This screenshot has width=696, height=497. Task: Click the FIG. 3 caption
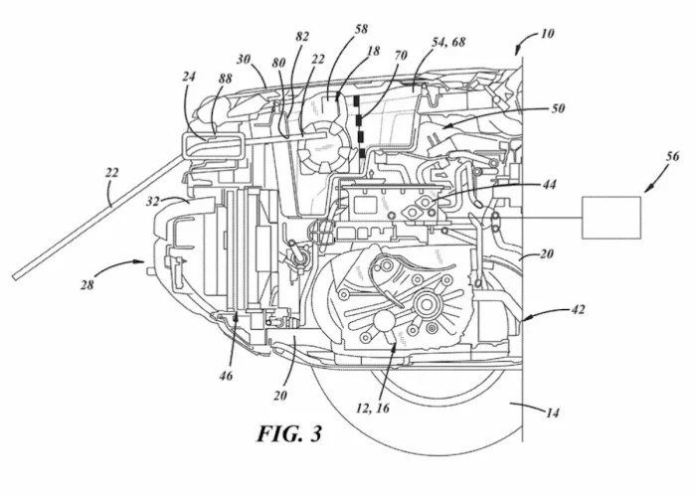[289, 433]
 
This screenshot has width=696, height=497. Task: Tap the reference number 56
[672, 156]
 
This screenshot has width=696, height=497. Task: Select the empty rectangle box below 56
[611, 218]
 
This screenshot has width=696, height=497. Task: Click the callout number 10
[547, 34]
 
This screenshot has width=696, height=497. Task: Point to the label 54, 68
[448, 42]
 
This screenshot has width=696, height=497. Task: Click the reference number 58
[361, 29]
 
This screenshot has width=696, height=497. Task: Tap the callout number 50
[558, 108]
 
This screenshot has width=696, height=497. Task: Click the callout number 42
[578, 309]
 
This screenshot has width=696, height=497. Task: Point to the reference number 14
[552, 413]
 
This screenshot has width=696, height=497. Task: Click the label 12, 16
[373, 408]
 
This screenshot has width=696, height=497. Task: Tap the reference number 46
[226, 376]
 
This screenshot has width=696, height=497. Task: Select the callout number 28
[87, 284]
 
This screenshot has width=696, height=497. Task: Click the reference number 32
[153, 202]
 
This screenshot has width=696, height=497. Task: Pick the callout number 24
[188, 77]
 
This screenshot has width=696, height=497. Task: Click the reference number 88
[225, 79]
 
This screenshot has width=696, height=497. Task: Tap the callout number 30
[244, 59]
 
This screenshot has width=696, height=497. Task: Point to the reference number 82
[302, 37]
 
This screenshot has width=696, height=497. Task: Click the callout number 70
[401, 56]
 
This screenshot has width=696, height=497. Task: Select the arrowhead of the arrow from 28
[141, 262]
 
